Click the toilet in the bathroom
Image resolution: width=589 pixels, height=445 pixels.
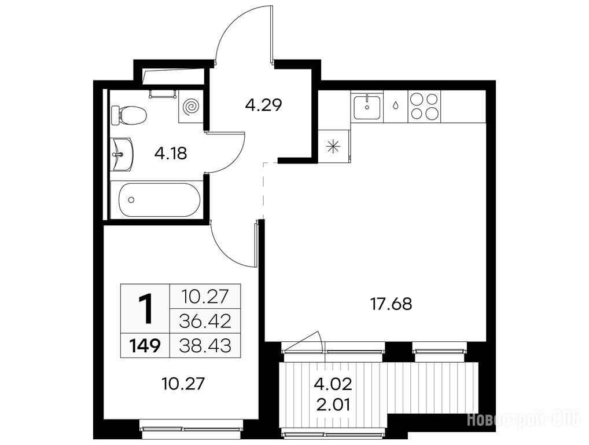pos(128,115)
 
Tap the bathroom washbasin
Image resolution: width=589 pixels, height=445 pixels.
pos(123,154)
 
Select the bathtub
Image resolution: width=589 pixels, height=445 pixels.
pos(159,199)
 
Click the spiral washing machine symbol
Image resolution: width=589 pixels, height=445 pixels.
pos(191,107)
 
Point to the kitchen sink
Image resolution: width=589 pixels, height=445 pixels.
pos(367,107)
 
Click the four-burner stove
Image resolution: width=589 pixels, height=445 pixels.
pos(424,107)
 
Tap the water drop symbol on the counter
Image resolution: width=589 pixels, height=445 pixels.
pos(396,105)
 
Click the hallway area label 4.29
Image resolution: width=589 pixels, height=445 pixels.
pos(263,105)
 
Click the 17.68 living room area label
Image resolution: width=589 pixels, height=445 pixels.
pos(391,304)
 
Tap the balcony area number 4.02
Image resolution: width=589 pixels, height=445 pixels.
pos(333,384)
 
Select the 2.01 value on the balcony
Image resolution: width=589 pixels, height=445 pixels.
pos(333,405)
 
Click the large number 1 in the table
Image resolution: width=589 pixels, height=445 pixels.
pos(145,308)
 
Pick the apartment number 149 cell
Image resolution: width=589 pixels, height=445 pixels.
pos(145,345)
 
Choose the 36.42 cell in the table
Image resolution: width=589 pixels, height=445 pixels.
pos(205,321)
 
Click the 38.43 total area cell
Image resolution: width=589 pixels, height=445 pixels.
pos(205,345)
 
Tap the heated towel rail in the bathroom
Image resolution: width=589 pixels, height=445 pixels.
pos(163,94)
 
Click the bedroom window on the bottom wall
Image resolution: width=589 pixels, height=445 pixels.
pos(192,429)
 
